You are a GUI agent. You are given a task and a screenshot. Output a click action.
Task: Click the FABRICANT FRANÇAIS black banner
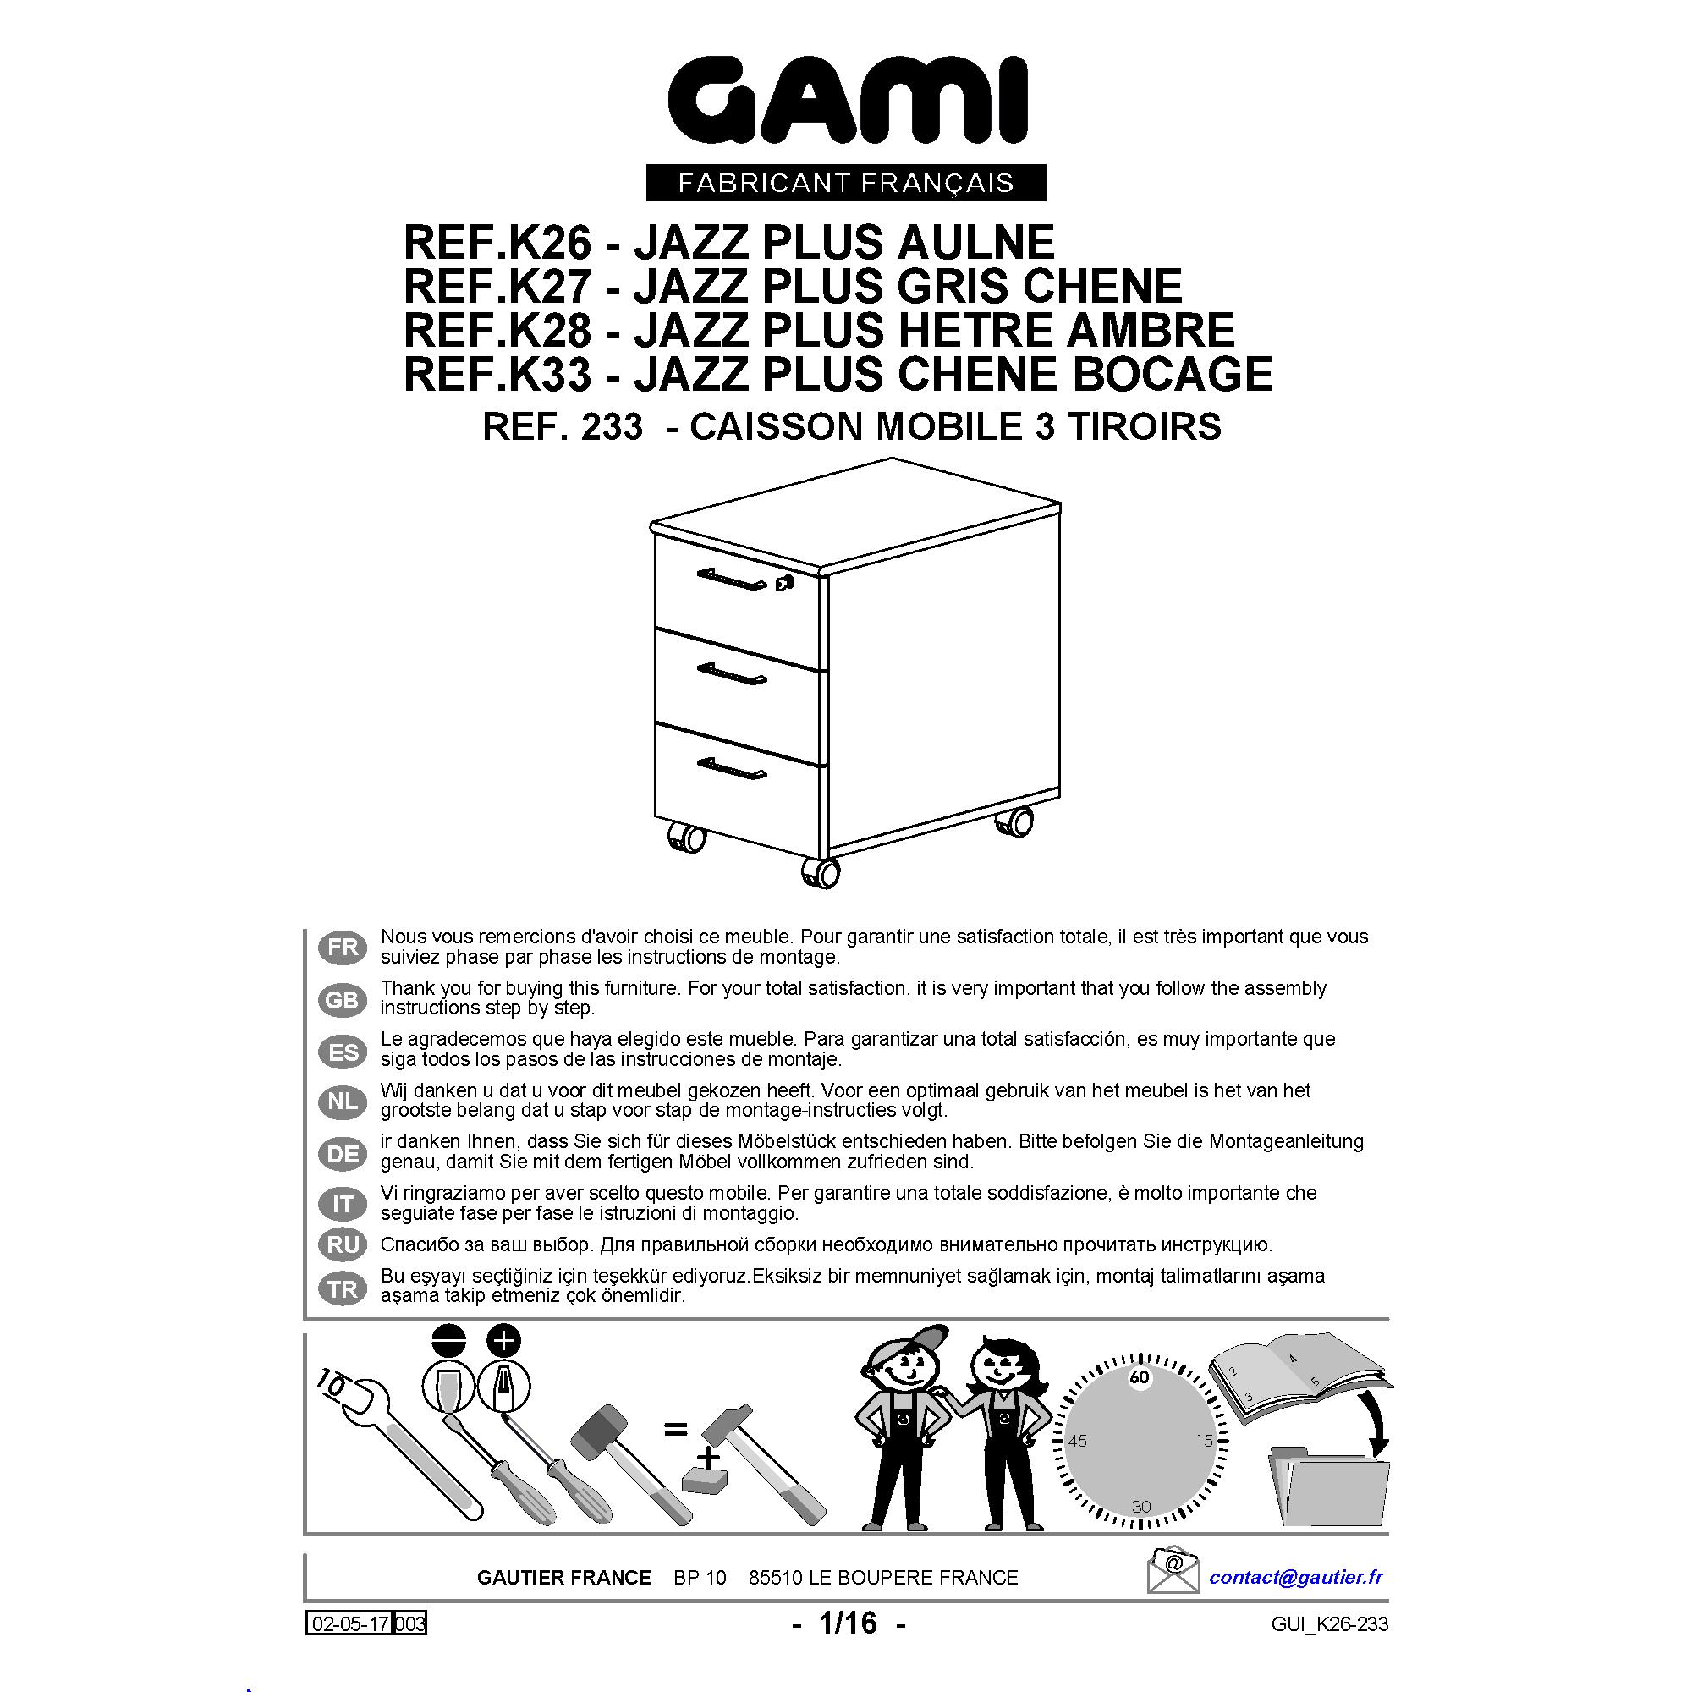[x=845, y=182]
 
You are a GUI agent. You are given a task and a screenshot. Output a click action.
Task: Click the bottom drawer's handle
[x=731, y=768]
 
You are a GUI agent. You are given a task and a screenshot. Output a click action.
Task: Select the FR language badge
[x=343, y=947]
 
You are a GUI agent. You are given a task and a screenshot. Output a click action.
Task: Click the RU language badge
[x=343, y=1244]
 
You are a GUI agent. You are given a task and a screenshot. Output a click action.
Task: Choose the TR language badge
[x=343, y=1289]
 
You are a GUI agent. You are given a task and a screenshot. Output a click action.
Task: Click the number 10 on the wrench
[x=331, y=1382]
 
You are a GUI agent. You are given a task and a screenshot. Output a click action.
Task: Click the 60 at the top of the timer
[x=1139, y=1377]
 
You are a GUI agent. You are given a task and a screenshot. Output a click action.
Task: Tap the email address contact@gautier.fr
[x=1296, y=1577]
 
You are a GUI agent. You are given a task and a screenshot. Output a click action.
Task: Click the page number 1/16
[x=848, y=1623]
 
